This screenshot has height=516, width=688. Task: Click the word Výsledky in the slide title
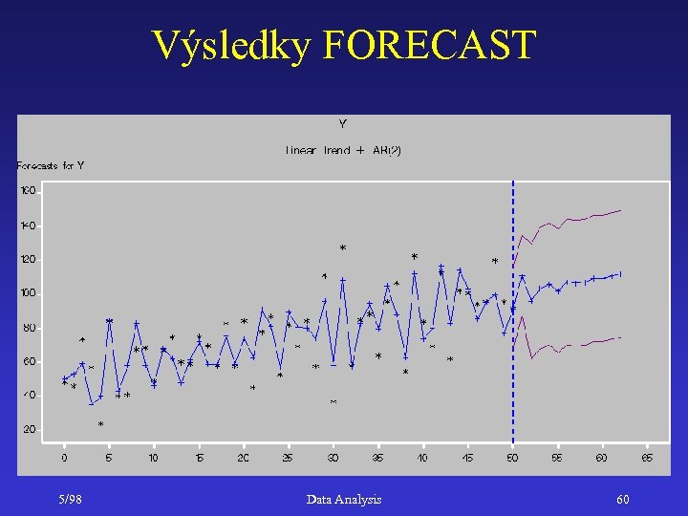click(x=232, y=45)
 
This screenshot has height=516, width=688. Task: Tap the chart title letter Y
click(x=342, y=124)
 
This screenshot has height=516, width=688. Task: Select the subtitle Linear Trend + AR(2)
click(x=343, y=150)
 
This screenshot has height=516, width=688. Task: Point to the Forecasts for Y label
click(x=51, y=165)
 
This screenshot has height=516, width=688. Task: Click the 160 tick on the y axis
click(x=28, y=191)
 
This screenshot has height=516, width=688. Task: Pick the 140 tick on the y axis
click(x=28, y=226)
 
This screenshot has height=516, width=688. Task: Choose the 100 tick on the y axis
click(x=28, y=293)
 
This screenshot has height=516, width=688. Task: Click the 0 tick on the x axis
click(x=64, y=458)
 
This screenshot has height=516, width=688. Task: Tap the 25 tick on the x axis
click(x=288, y=458)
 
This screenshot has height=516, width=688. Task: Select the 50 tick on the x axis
click(x=512, y=458)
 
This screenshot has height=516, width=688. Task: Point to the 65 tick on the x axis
click(x=646, y=458)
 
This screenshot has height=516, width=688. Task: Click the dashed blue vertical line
click(x=513, y=382)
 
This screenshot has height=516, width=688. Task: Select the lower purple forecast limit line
click(x=573, y=345)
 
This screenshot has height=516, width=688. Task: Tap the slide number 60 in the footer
click(x=623, y=499)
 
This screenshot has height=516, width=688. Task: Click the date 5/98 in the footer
click(x=69, y=499)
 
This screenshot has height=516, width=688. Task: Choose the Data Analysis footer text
click(x=344, y=499)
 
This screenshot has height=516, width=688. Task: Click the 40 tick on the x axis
click(x=422, y=458)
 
